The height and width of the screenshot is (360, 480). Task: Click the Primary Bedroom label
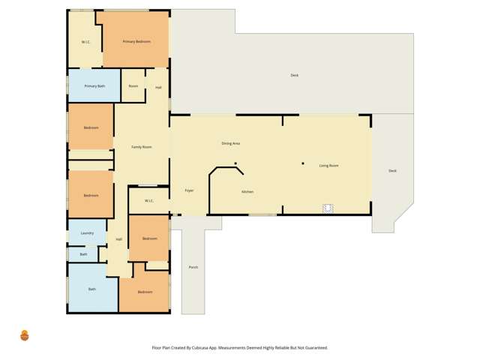click(136, 41)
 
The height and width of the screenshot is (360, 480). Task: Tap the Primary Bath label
click(94, 86)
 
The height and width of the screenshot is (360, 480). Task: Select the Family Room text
click(142, 147)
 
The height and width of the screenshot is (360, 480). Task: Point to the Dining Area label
click(230, 143)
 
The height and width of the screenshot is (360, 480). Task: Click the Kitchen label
click(247, 192)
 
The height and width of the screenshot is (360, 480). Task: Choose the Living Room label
click(328, 165)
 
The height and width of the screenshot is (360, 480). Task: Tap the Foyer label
click(189, 190)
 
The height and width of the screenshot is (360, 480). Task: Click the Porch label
click(193, 267)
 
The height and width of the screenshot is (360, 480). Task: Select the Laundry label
click(87, 233)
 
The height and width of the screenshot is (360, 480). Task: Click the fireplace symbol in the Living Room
click(327, 208)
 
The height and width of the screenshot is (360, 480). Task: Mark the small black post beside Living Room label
click(303, 163)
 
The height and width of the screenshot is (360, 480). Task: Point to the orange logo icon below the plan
click(25, 335)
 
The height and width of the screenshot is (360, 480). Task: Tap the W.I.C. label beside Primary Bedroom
click(85, 41)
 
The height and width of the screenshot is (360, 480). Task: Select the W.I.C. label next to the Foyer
click(148, 200)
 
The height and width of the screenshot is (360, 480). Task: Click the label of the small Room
click(133, 86)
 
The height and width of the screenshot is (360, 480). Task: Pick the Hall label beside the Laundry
click(118, 239)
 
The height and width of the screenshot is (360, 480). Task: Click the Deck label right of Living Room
click(392, 171)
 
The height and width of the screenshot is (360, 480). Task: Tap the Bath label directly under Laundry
click(83, 254)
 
